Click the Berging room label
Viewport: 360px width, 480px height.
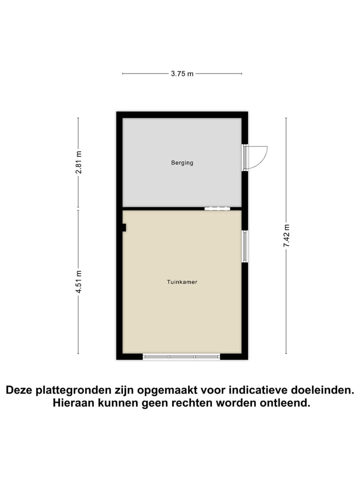click(x=182, y=162)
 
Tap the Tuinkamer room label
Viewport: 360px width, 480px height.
click(x=182, y=282)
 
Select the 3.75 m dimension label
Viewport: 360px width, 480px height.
click(x=182, y=73)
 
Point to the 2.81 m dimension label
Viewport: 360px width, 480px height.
click(x=78, y=162)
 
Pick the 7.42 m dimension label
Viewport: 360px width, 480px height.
click(x=286, y=236)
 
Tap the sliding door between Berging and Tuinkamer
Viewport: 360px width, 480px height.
click(x=216, y=208)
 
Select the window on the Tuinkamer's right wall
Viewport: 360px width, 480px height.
click(x=244, y=246)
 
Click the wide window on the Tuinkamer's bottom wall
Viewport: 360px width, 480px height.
click(x=181, y=356)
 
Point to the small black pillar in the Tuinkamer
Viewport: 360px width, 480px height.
click(x=124, y=227)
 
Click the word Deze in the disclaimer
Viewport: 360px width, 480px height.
click(x=20, y=390)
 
